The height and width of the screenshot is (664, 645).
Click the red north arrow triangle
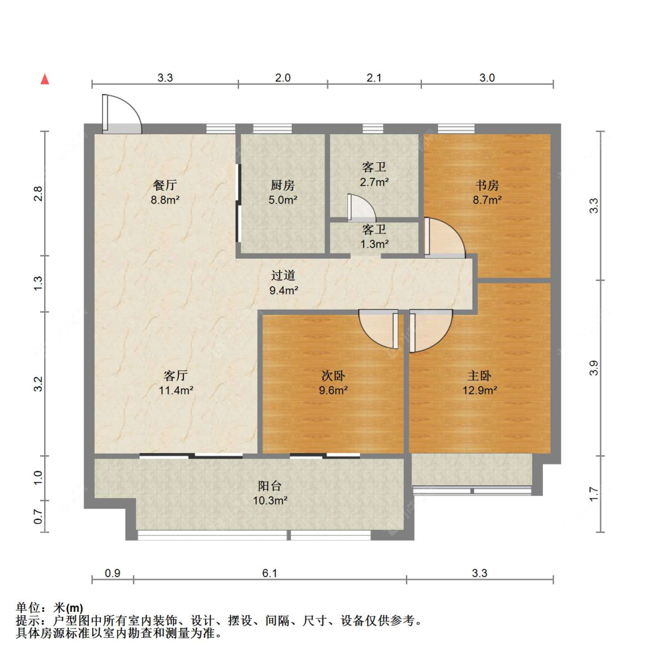[x=45, y=79]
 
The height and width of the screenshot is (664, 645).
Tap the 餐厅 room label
[x=165, y=185]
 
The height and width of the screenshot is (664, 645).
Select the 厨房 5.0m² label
[x=283, y=192]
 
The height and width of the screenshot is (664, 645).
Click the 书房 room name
[x=487, y=185]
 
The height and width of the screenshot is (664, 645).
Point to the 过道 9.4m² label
[x=283, y=283]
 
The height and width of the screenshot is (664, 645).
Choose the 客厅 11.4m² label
[x=176, y=382]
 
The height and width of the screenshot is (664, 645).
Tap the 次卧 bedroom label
[x=333, y=376]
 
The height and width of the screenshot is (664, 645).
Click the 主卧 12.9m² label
[x=479, y=382]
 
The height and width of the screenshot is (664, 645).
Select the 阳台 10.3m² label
[x=270, y=493]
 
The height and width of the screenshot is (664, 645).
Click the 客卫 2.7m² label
[x=374, y=174]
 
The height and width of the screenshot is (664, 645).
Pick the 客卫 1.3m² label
[x=374, y=236]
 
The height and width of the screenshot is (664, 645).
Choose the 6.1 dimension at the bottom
[x=269, y=573]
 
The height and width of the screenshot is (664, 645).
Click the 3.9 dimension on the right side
[x=594, y=368]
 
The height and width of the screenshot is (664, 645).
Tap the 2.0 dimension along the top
[x=283, y=77]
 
